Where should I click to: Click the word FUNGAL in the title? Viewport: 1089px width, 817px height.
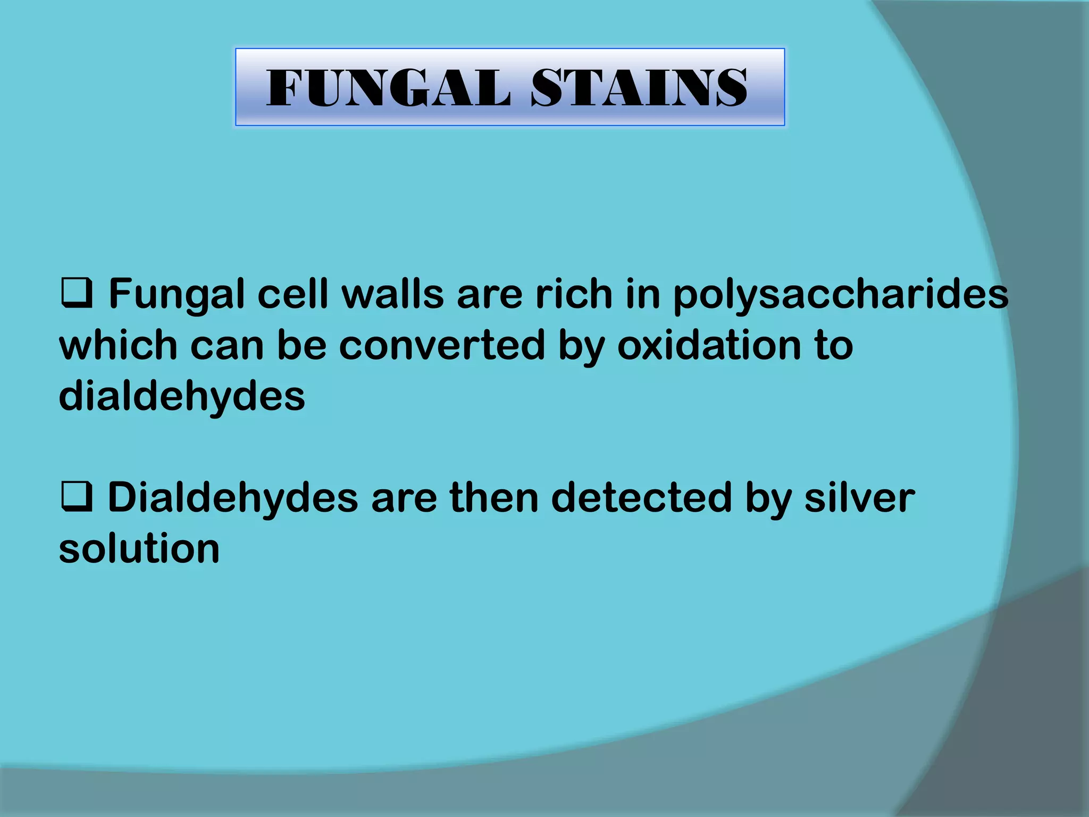(388, 88)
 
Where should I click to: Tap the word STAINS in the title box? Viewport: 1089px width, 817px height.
(639, 88)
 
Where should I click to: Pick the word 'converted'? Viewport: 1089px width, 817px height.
(442, 346)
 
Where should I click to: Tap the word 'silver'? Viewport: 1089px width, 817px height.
(859, 498)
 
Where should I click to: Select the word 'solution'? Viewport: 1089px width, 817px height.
(139, 549)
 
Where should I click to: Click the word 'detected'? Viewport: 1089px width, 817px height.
(641, 498)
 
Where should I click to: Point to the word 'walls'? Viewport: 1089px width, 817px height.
(392, 295)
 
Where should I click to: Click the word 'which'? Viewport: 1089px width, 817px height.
(118, 346)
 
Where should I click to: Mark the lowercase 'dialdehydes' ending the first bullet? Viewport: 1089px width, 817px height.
(182, 397)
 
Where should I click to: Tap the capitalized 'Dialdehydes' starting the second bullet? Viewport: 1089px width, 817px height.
(233, 498)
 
